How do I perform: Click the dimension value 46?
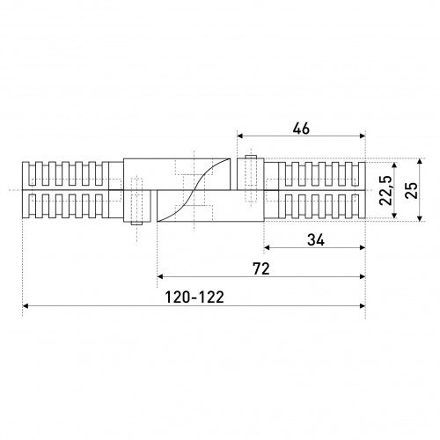point(301,128)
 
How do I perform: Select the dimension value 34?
point(316,240)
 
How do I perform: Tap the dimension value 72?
point(261,269)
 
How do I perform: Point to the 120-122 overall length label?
point(194,297)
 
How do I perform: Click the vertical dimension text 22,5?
point(385,190)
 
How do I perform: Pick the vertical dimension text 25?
point(411,190)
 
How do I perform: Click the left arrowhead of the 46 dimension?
point(240,136)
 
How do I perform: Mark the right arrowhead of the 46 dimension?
point(363,136)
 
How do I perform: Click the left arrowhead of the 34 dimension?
point(267,247)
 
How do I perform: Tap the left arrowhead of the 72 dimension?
point(160,276)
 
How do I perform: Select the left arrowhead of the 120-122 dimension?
point(26,306)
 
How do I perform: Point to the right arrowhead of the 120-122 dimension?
point(363,306)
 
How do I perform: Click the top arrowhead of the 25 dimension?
point(420,161)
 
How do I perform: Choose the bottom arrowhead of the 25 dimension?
point(420,218)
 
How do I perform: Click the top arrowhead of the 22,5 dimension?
point(394,165)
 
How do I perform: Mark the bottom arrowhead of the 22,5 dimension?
point(394,216)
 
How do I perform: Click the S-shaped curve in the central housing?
point(194,190)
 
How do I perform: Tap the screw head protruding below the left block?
point(136,224)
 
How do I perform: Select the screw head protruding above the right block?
point(251,157)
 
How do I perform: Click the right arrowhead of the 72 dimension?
point(363,276)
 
